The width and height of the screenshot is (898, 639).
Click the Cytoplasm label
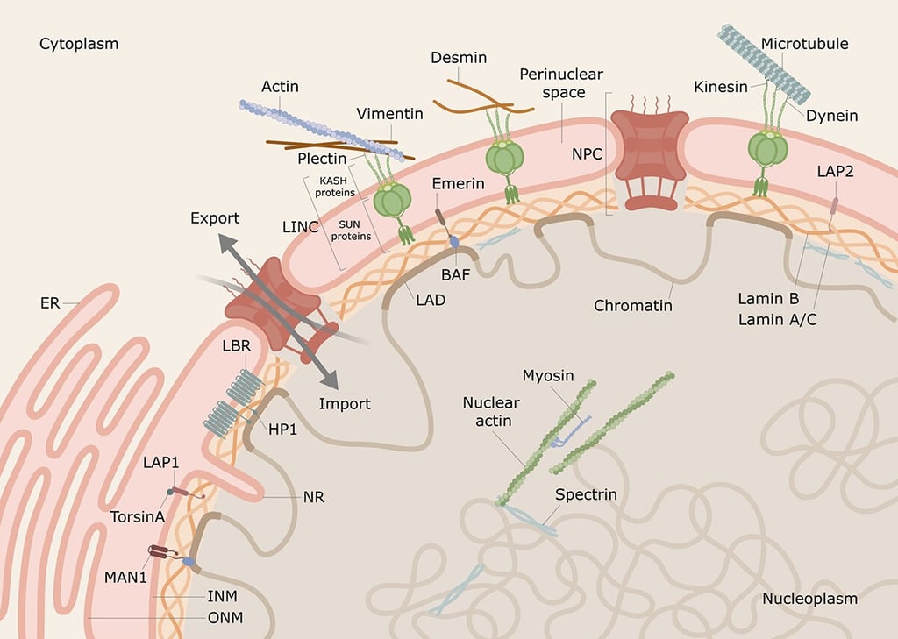[x=78, y=43]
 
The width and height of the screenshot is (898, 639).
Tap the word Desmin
[x=459, y=58]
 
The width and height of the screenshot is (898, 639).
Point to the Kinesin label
[x=720, y=87]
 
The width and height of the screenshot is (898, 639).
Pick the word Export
[x=215, y=217]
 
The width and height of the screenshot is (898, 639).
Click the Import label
[x=345, y=404]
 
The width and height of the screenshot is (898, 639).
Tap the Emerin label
[x=458, y=183]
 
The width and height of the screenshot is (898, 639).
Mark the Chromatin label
[x=632, y=306]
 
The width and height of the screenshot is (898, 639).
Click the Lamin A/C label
[x=777, y=320]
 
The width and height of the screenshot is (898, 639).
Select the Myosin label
[x=547, y=375]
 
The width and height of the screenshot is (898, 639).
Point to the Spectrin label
[x=586, y=494]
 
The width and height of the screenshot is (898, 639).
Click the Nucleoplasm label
[x=809, y=599]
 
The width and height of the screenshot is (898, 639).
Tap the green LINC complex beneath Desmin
[x=504, y=158]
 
